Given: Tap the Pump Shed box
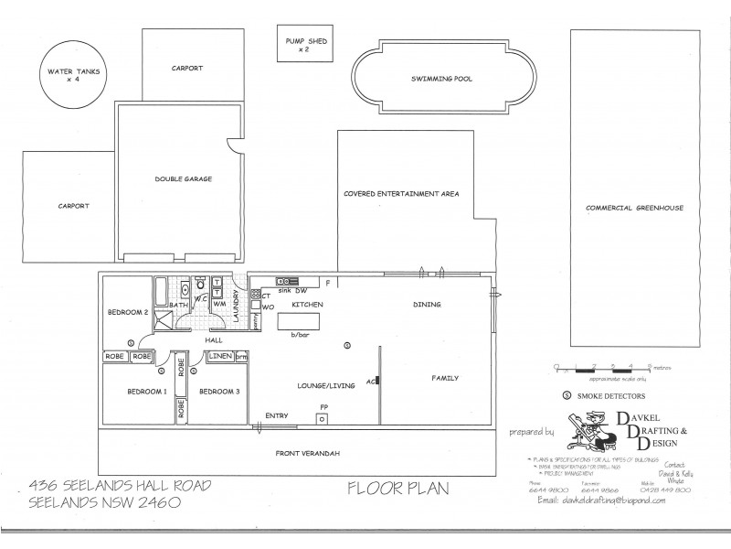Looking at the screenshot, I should [303, 45].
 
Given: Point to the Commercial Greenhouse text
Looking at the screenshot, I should [634, 208].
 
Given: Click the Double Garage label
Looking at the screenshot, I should [183, 179].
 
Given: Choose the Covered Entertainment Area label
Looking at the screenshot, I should [401, 194].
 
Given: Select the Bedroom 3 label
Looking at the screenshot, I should [219, 392].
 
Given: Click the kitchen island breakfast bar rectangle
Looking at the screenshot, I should [300, 322].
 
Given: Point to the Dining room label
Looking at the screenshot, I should [427, 305].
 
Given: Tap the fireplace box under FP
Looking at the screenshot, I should [322, 418].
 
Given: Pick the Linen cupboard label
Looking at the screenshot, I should [219, 355].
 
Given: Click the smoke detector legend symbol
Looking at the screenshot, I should [567, 396].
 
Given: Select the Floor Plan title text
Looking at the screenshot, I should [398, 488].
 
